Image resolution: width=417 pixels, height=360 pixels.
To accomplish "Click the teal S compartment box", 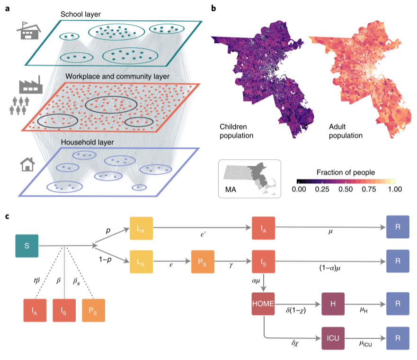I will click(x=27, y=246).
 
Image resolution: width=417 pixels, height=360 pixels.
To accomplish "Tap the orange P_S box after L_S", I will click(x=203, y=261).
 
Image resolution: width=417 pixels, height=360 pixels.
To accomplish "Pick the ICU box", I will click(x=333, y=339).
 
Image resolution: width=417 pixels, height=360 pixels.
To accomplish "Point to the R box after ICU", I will click(x=398, y=339).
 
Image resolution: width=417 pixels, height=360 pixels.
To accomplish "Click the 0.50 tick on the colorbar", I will click(x=346, y=189).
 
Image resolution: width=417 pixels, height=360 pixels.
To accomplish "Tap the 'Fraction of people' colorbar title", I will click(x=346, y=171).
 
